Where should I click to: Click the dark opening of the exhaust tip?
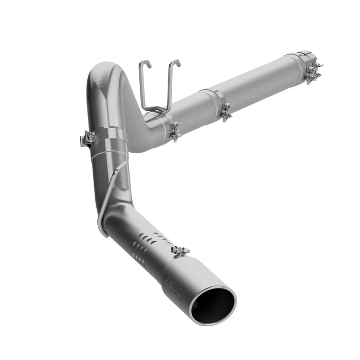tap(212, 302)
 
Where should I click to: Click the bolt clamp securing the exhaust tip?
tap(180, 251)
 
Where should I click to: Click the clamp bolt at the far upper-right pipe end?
tap(314, 72)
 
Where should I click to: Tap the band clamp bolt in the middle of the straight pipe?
tap(225, 112)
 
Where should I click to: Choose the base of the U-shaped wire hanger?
tap(156, 109)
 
